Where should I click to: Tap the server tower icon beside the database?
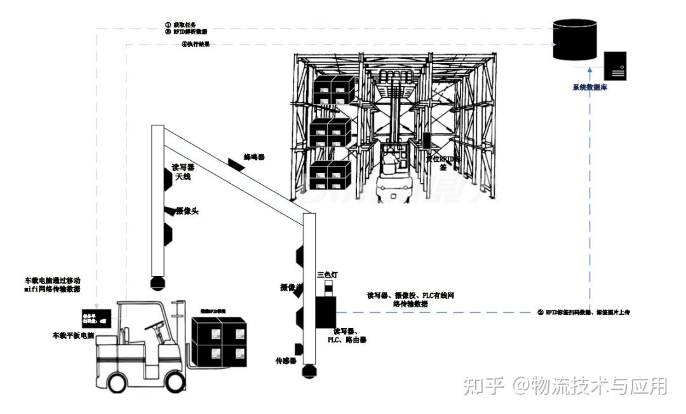(x=615, y=66)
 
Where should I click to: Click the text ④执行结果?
(x=196, y=45)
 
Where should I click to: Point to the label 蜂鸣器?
(x=255, y=156)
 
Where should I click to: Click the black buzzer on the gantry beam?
(x=235, y=165)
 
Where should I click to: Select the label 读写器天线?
(x=182, y=172)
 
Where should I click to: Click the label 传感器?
(x=286, y=361)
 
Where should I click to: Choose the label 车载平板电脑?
(x=72, y=335)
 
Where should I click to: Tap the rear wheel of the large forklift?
(x=117, y=383)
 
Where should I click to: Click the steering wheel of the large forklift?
(x=152, y=325)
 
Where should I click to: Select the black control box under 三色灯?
(x=326, y=312)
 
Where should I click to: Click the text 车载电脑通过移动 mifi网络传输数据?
(x=52, y=284)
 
